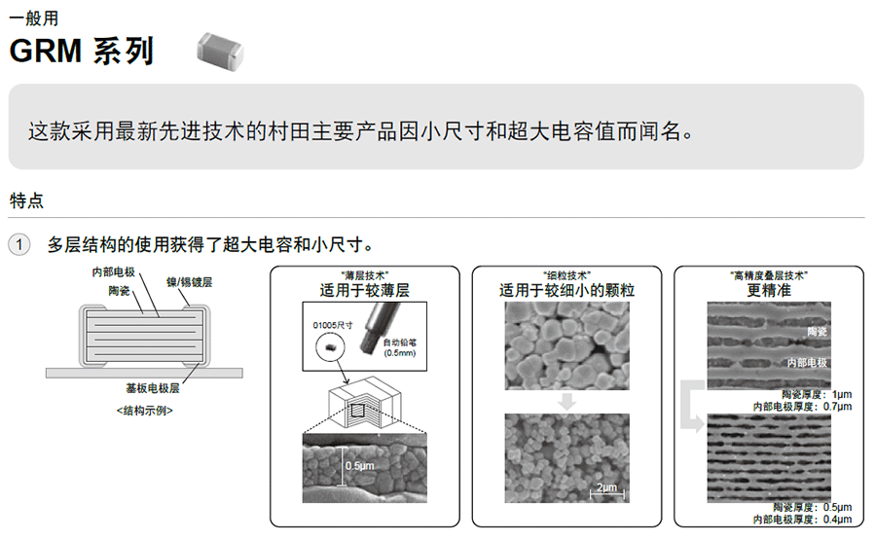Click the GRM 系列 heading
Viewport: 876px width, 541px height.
coord(82,51)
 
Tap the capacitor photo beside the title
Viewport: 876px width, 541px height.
coord(220,51)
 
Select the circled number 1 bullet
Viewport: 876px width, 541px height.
coord(19,244)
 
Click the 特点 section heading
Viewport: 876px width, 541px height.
coord(26,200)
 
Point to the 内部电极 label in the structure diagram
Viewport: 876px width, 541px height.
coord(114,271)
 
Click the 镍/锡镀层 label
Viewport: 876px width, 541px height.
coord(190,282)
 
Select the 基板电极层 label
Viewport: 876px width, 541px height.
coord(153,388)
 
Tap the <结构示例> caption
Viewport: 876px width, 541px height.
coord(145,411)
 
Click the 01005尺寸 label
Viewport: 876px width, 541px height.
coord(333,325)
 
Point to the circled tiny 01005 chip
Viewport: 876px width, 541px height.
coord(330,347)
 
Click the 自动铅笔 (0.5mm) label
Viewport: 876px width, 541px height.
coord(400,347)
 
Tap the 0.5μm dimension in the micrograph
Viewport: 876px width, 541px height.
coord(360,466)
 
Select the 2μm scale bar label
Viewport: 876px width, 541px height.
coord(606,487)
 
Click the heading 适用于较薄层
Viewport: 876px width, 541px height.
coord(365,290)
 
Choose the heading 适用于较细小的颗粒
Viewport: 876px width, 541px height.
coord(567,290)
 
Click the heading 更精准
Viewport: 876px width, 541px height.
coord(769,290)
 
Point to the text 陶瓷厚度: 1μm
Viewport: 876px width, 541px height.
coord(817,394)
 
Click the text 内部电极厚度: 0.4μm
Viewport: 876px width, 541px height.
coord(802,520)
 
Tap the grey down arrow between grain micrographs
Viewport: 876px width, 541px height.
coord(567,402)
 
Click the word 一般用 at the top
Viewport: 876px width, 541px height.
coord(33,18)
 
